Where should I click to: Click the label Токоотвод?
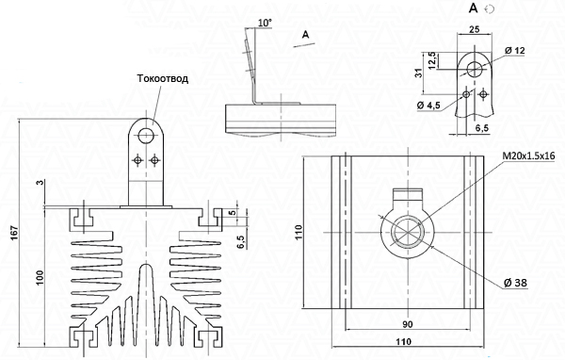[163, 78]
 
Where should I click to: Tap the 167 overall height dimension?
[14, 234]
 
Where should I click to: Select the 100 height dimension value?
[40, 277]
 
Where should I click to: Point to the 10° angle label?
[265, 23]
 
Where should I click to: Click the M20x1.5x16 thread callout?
[528, 155]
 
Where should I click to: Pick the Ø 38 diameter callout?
[515, 283]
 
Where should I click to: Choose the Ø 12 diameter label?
[515, 51]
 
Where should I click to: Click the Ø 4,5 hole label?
[428, 106]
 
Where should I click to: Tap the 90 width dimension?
[407, 324]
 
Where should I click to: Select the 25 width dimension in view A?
[475, 29]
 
